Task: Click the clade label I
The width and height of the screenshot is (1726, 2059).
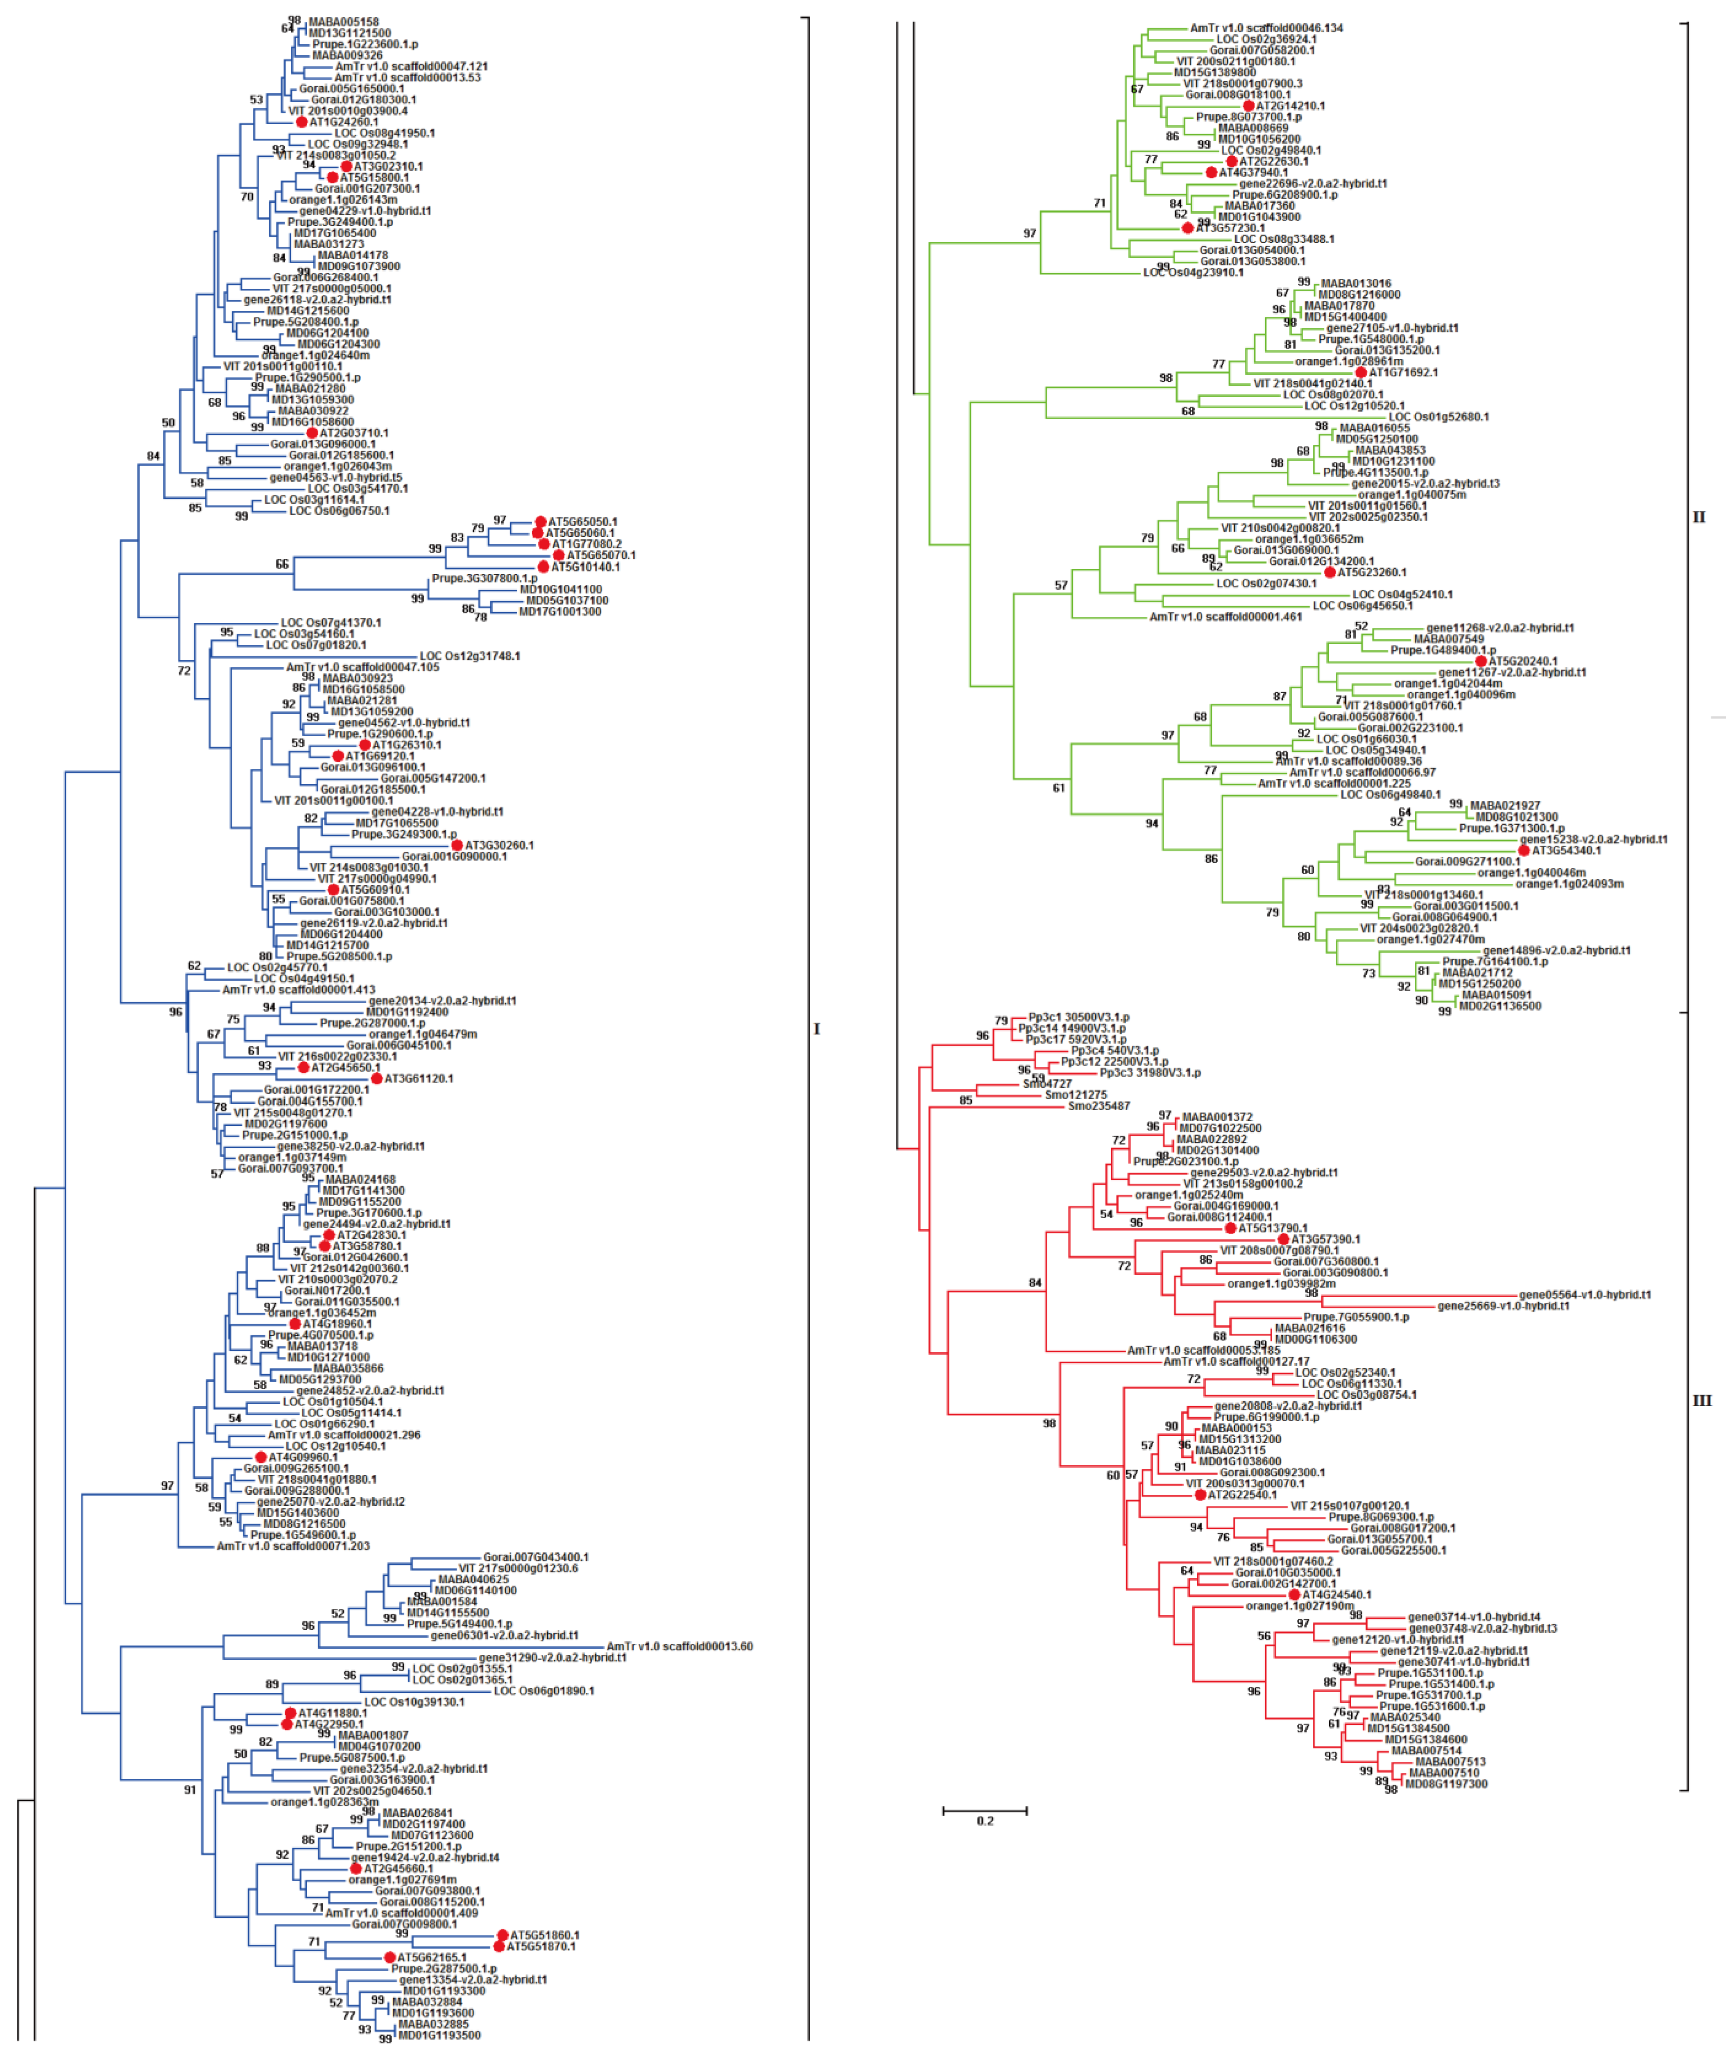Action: click(816, 1029)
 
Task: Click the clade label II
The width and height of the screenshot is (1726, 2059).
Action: click(1699, 517)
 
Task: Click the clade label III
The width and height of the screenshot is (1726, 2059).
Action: click(1701, 1400)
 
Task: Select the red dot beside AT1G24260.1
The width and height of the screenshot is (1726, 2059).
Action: click(302, 122)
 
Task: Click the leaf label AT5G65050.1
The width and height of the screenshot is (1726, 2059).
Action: click(582, 522)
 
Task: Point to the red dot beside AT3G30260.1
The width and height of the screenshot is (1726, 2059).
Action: click(457, 845)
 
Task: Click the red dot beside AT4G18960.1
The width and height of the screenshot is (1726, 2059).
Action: click(295, 1324)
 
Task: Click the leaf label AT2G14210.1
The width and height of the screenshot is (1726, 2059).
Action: click(1291, 106)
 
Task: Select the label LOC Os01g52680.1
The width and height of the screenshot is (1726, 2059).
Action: click(1438, 417)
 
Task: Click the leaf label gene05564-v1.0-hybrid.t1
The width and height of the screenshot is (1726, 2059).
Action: click(1585, 1295)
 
